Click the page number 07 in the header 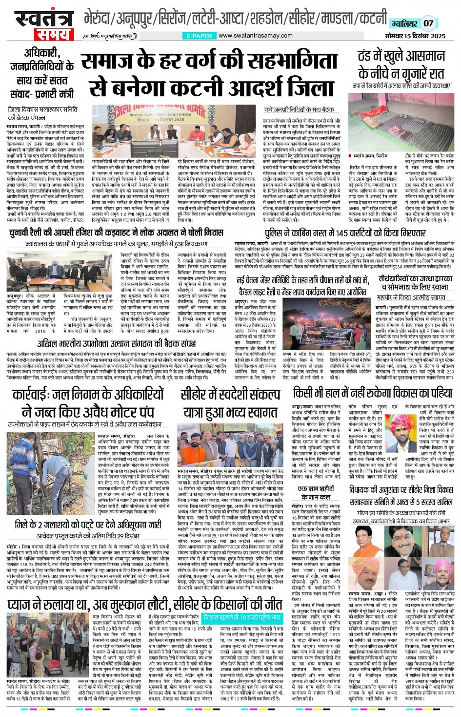point(428,23)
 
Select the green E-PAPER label point(200,36)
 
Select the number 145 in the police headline point(348,233)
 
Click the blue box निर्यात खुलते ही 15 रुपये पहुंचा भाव point(242,617)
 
